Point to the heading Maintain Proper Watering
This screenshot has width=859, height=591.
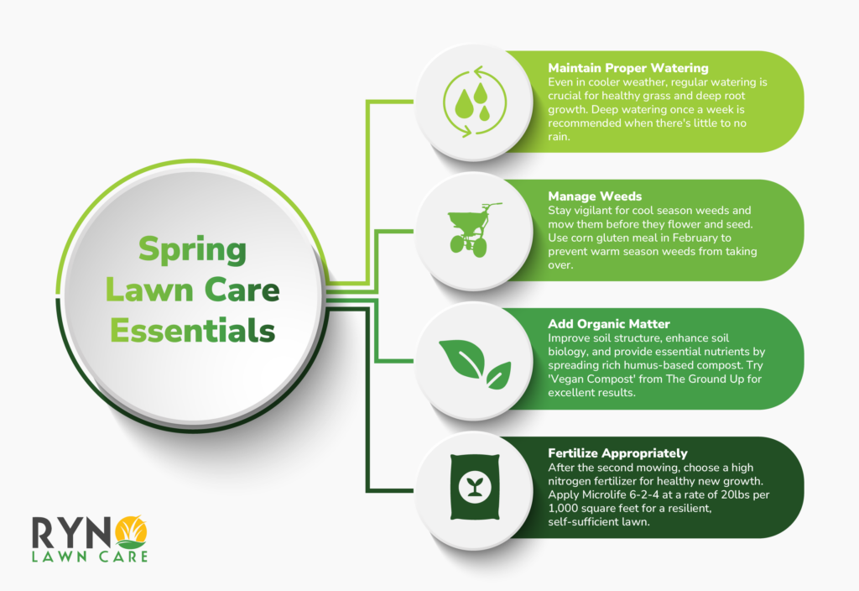pyautogui.click(x=628, y=67)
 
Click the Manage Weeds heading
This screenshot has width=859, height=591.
pyautogui.click(x=595, y=196)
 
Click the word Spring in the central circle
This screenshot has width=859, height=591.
pyautogui.click(x=193, y=249)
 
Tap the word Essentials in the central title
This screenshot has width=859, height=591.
pyautogui.click(x=193, y=330)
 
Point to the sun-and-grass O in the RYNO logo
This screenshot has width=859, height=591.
pyautogui.click(x=133, y=531)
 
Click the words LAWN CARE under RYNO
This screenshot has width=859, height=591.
pyautogui.click(x=91, y=555)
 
